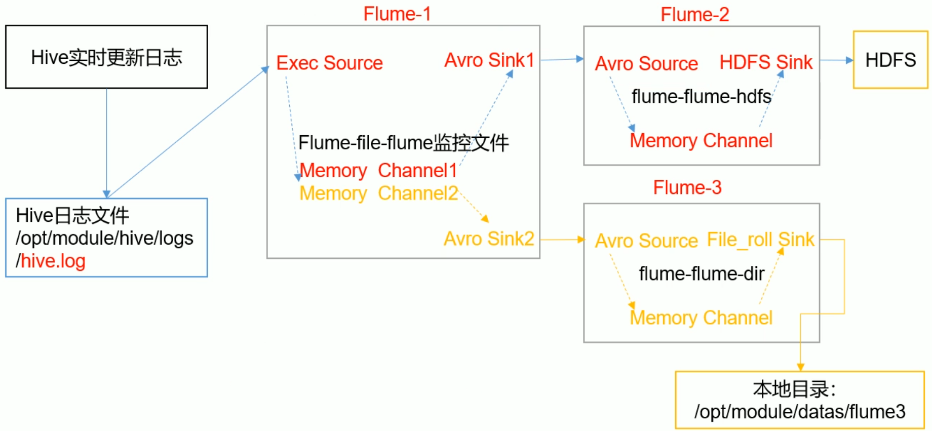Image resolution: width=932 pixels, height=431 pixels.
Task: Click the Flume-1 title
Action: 397,14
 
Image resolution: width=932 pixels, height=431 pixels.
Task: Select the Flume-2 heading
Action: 694,15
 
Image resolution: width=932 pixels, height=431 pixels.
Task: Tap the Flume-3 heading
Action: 687,187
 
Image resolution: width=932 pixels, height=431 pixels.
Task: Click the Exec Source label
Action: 329,63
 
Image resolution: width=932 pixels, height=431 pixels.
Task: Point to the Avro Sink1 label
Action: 489,60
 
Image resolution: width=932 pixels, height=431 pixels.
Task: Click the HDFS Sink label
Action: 765,62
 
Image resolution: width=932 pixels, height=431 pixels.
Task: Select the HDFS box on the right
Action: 890,60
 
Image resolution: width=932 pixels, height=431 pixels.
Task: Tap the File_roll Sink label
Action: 760,240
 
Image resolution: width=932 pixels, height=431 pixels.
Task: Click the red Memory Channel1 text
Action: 378,171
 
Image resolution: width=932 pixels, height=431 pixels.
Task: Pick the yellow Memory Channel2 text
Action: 378,193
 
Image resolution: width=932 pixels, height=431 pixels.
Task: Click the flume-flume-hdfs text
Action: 701,96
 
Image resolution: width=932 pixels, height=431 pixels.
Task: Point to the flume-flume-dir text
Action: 701,274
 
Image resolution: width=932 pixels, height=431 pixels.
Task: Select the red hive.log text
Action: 53,261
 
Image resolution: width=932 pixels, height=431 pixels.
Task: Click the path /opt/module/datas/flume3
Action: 799,412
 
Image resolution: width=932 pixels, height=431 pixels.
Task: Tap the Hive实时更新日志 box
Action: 106,57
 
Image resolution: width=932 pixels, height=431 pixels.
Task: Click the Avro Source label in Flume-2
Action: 646,64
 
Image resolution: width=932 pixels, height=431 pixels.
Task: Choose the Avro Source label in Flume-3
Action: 646,241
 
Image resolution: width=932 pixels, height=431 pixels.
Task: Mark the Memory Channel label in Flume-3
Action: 701,318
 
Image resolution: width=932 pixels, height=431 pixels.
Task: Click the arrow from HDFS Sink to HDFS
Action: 836,60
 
